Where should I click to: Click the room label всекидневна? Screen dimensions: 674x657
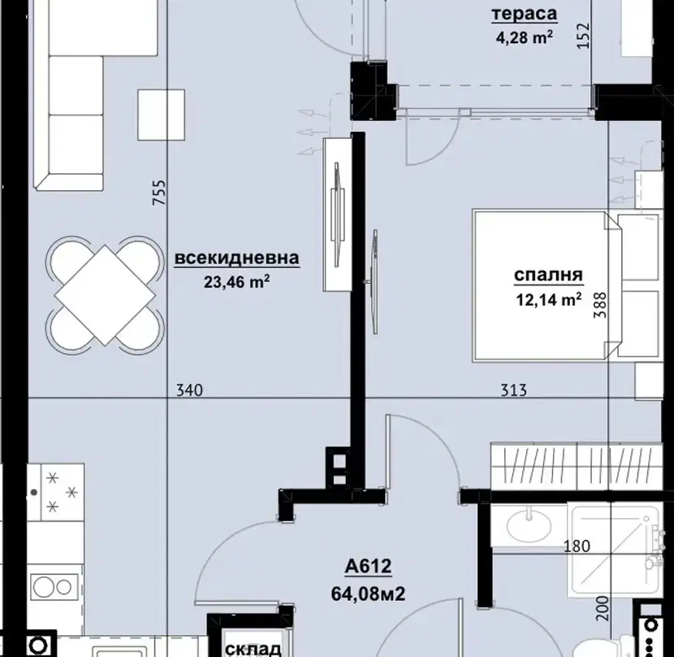[x=237, y=258]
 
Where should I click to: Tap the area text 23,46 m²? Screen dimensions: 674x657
[x=237, y=281]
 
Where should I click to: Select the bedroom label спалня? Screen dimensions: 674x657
[x=548, y=275]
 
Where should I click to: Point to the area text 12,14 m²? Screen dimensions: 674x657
[x=549, y=299]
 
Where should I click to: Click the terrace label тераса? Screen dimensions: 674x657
[x=525, y=13]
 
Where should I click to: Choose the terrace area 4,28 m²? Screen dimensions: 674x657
[x=525, y=37]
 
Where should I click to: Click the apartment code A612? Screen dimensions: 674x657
[x=369, y=566]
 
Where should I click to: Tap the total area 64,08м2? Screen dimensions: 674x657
[x=368, y=594]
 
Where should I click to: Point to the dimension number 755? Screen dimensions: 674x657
[x=159, y=192]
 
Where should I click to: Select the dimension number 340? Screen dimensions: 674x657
[x=189, y=390]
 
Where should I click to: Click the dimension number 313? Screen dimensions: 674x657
[x=514, y=390]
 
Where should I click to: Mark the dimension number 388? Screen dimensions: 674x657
[x=600, y=305]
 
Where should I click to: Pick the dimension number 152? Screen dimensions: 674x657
[x=583, y=36]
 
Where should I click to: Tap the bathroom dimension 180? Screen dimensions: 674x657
[x=577, y=546]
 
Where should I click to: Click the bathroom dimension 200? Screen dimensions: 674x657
[x=603, y=608]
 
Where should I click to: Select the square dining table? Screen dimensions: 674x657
[x=105, y=295]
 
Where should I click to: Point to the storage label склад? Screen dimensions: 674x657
[x=253, y=649]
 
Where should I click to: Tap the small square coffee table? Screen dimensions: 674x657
[x=162, y=115]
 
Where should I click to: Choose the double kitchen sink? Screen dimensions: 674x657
[x=54, y=586]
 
